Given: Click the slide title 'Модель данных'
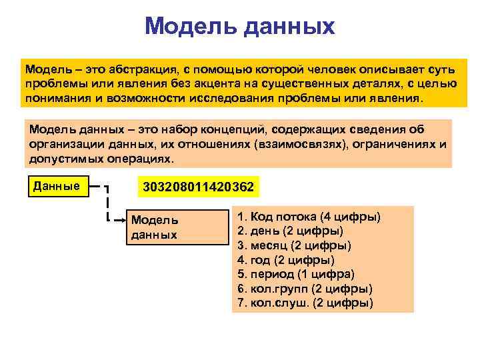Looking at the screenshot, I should (x=239, y=27).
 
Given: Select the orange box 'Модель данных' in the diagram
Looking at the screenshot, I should (x=177, y=227).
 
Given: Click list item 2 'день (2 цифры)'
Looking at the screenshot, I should (x=291, y=231).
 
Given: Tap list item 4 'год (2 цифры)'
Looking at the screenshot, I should (x=286, y=260).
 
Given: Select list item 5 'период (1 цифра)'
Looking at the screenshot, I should (x=296, y=274).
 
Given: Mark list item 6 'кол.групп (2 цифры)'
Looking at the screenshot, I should (x=305, y=288).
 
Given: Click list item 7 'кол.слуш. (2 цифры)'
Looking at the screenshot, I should (x=305, y=302).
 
